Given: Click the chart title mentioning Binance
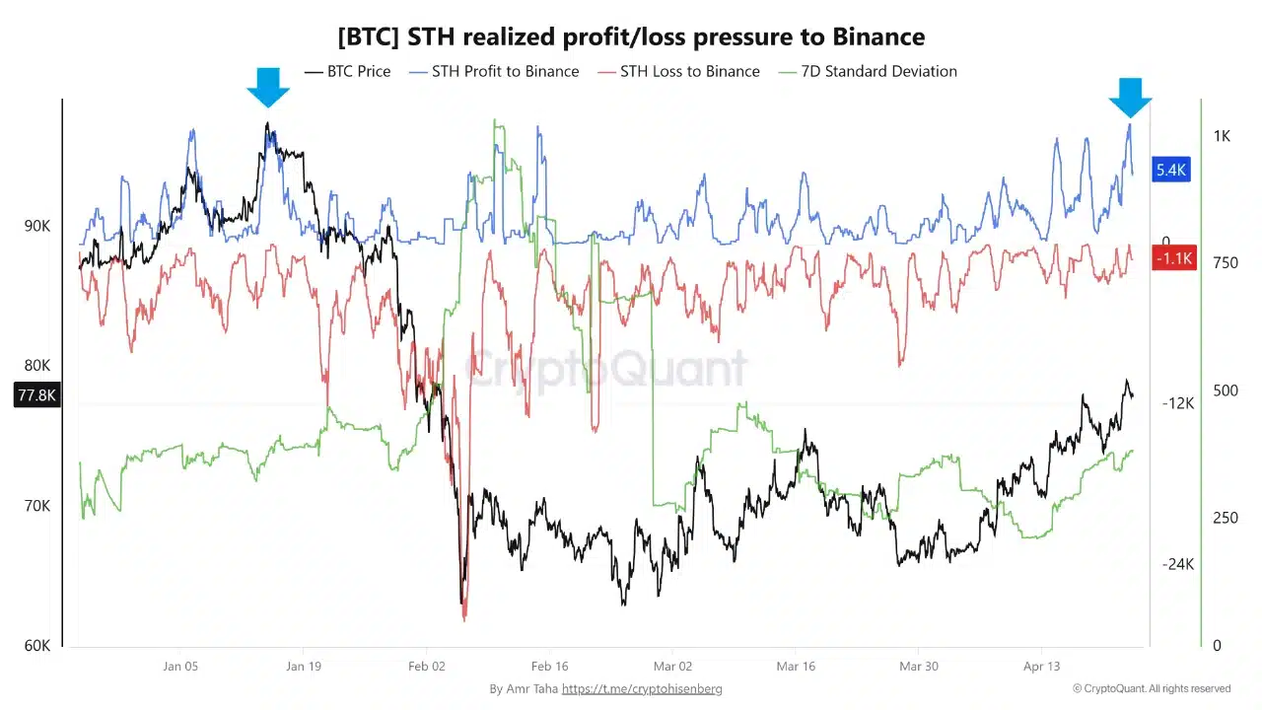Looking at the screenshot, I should coord(631,37).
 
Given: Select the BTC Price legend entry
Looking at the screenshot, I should coord(348,71).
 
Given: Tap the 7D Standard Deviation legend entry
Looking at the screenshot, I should coord(867,71).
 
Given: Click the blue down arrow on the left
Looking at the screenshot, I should coord(268,88).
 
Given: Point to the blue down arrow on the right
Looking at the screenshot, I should coord(1130,97).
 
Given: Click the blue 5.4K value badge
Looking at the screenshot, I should coord(1170,170).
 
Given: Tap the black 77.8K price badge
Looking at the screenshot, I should coord(36,395).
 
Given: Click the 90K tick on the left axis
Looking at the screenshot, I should coord(37,226).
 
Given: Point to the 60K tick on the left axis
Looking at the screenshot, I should coord(37,646).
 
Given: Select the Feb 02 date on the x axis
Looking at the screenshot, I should coord(426,667).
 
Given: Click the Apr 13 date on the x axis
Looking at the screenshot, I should coord(1041,667).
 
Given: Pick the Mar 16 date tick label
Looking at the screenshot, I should coord(795,667).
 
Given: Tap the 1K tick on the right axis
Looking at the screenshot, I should coord(1222,136).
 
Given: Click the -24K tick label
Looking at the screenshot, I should coord(1178,564).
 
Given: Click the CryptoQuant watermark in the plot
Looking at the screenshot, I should coord(605,370).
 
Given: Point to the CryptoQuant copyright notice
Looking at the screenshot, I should coord(1152,688).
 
